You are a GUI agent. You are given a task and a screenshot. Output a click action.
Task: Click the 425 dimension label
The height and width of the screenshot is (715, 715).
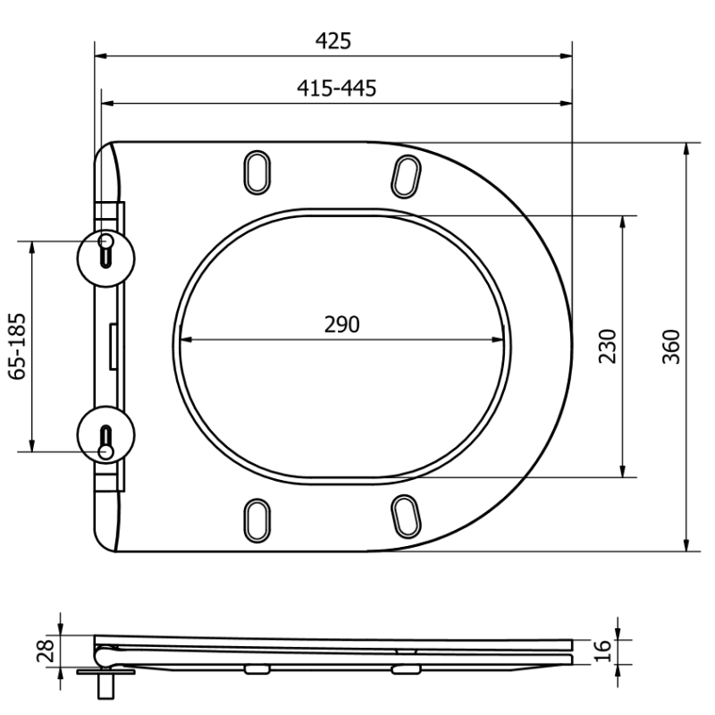(333, 41)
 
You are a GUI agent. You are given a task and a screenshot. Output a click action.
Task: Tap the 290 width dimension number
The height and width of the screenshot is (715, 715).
(341, 324)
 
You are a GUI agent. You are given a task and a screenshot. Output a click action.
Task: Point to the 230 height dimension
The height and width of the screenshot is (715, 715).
(607, 346)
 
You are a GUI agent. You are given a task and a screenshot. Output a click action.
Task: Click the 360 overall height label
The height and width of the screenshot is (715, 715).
(672, 346)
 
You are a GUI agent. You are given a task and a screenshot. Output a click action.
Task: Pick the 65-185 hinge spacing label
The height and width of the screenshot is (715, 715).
(18, 347)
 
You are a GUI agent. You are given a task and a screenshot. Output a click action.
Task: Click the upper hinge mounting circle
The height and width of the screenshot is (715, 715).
(106, 251)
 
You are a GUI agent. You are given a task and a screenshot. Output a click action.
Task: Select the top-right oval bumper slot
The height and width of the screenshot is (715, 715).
(407, 173)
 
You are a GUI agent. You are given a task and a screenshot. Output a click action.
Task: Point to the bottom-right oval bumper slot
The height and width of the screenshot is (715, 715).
(407, 517)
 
